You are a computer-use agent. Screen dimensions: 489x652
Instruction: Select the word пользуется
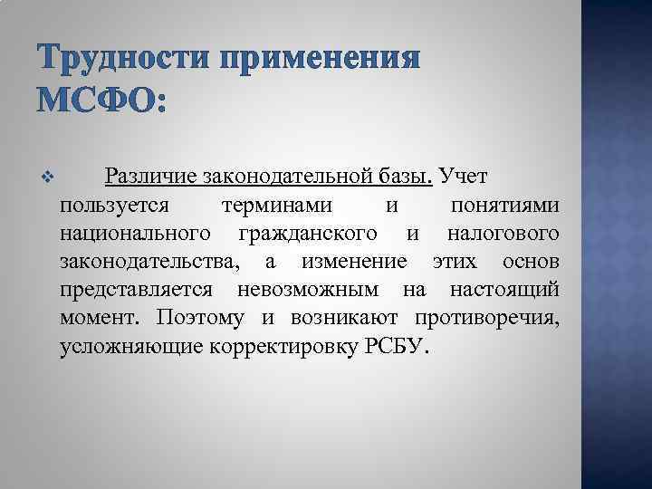(x=114, y=206)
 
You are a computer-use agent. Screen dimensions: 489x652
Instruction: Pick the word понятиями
(x=503, y=206)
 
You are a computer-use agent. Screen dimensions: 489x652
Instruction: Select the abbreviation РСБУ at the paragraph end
(x=395, y=347)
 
